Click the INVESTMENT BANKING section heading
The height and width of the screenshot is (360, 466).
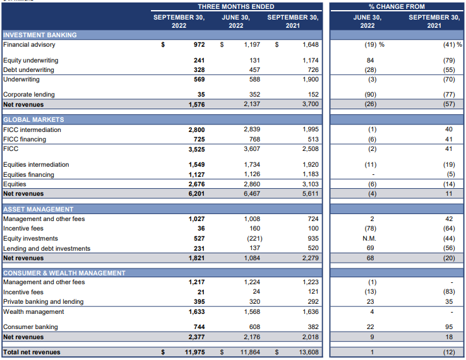coord(40,35)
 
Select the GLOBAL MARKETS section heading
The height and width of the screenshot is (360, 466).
coord(33,120)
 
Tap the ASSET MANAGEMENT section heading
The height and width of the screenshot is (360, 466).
coord(39,209)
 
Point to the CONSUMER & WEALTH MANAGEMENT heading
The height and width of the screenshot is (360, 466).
coord(64,273)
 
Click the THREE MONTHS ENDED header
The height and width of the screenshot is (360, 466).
coord(236,6)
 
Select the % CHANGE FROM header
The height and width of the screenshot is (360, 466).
coord(397,6)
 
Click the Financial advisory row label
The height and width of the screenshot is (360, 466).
coord(29,45)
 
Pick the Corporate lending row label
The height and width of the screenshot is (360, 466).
coord(29,95)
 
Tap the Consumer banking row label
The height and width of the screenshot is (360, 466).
coord(30,327)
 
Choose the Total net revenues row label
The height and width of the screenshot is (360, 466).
coord(32,352)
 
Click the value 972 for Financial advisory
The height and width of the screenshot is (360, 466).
coord(199,45)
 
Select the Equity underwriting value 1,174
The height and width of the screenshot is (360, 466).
coord(311,61)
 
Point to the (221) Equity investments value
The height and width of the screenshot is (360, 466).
coord(254,238)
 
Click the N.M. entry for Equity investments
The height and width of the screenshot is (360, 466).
coord(369,238)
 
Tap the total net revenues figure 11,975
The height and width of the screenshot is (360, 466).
coord(194,352)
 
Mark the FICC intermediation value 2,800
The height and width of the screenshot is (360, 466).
coord(196,130)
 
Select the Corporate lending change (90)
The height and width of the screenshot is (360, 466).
coord(370,95)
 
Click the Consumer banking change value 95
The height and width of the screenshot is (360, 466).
coord(449,327)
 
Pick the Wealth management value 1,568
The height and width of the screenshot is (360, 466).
coord(252,312)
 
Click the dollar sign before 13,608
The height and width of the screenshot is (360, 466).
coord(277,352)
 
